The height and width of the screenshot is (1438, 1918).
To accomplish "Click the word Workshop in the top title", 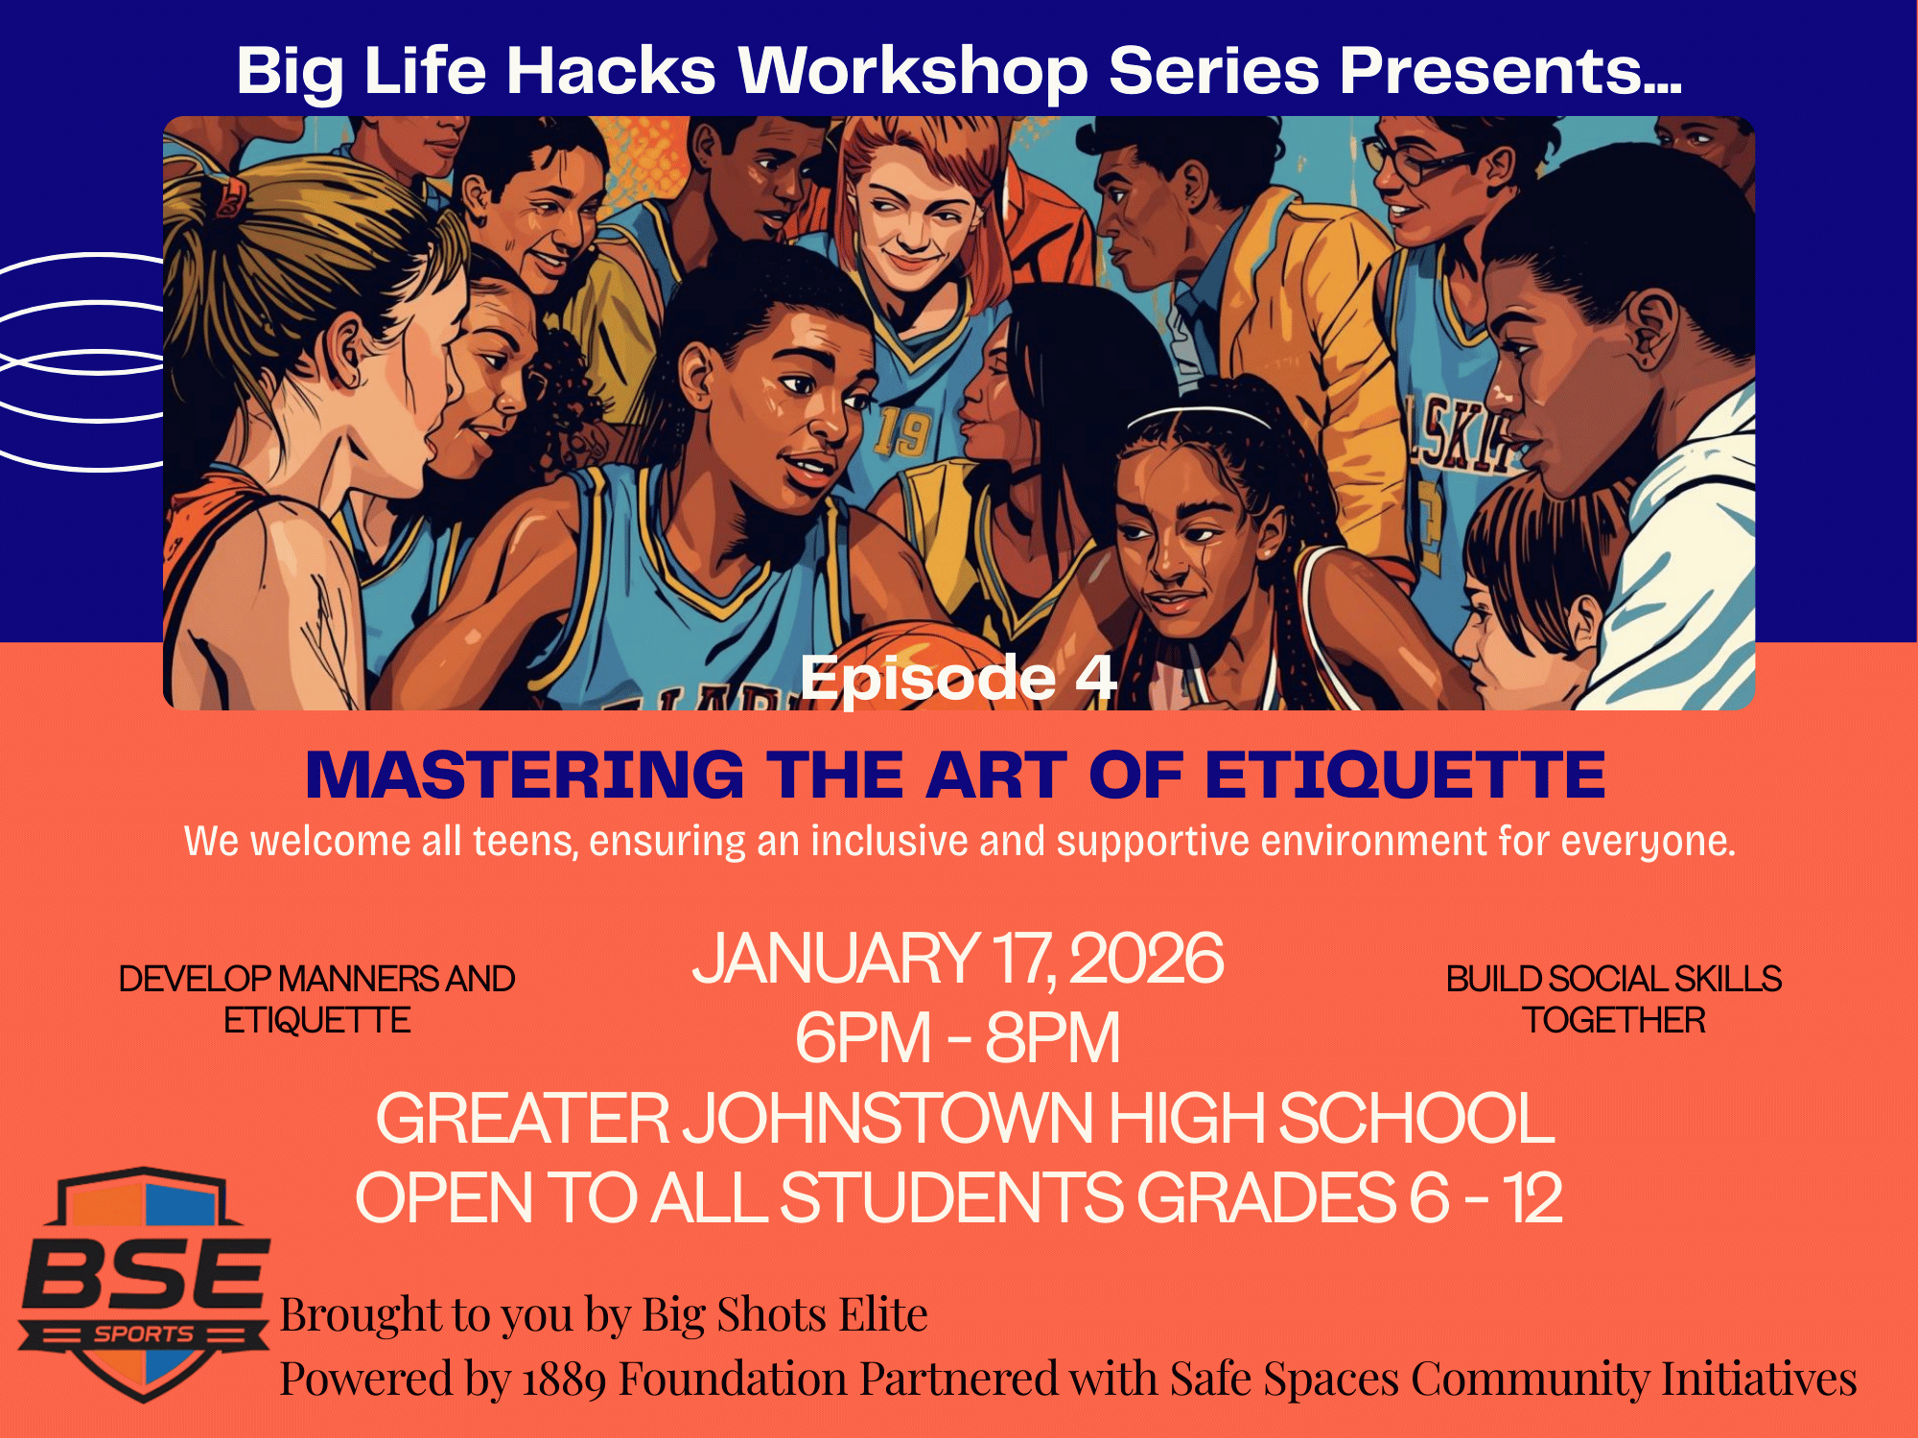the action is (x=912, y=71).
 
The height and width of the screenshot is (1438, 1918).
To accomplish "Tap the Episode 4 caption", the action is (x=958, y=678).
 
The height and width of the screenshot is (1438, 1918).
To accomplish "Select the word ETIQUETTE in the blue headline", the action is (x=1405, y=775).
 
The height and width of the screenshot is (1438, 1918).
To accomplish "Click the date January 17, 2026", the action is (x=958, y=959).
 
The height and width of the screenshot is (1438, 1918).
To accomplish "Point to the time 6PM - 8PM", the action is (x=957, y=1037).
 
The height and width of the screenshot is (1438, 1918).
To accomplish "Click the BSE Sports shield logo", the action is (x=144, y=1285).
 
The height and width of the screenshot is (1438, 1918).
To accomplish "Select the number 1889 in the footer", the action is (x=564, y=1380).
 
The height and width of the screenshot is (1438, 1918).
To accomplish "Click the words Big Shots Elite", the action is (x=784, y=1314).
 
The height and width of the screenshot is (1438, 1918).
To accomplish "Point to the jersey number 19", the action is (x=901, y=432).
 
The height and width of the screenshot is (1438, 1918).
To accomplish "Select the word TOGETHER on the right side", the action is (x=1615, y=1020).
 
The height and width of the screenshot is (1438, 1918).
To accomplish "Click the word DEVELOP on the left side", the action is (x=195, y=979).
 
